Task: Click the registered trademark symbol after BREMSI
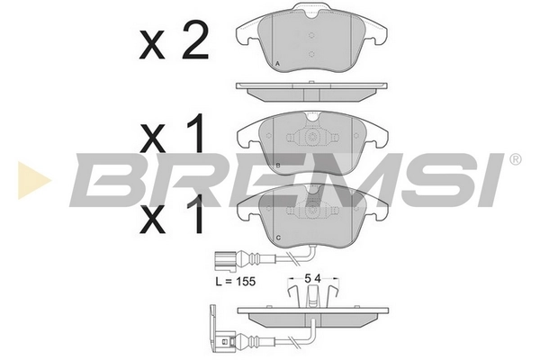point(515,159)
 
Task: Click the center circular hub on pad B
point(313,139)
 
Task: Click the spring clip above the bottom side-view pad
point(312,293)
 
